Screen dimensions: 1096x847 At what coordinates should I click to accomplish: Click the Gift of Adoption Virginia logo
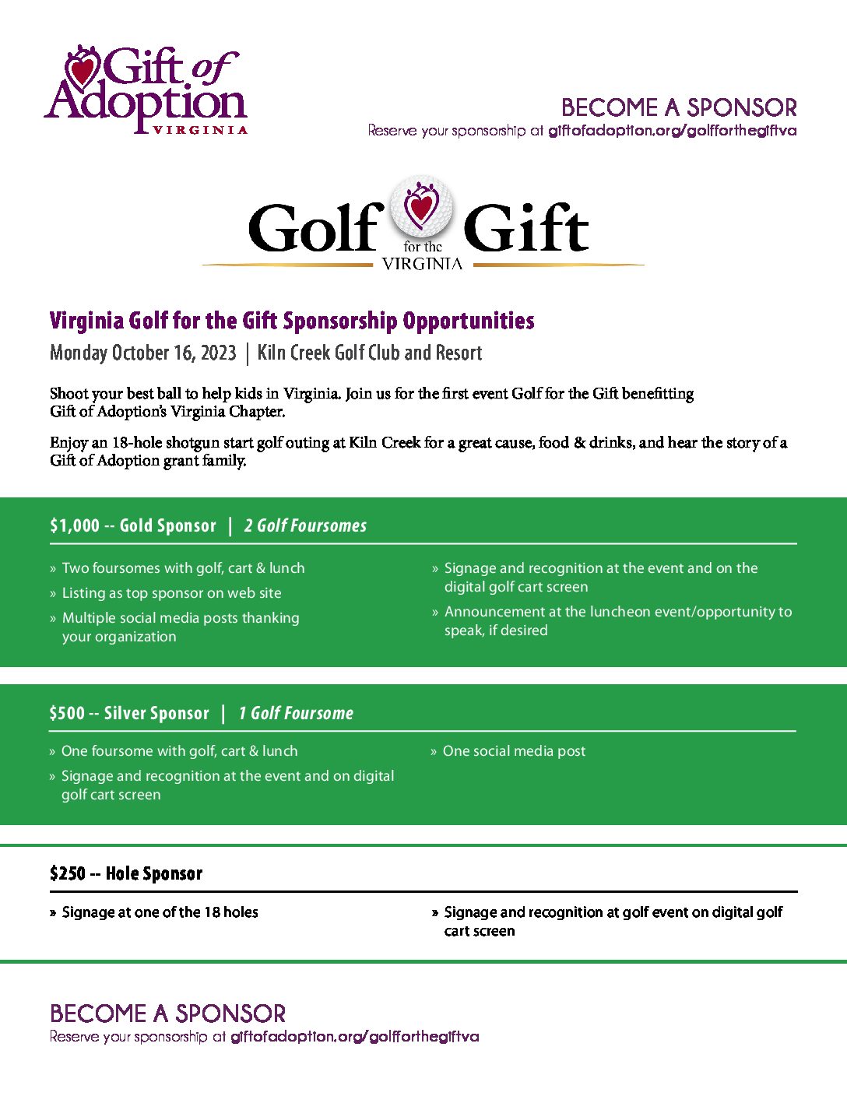coord(146,90)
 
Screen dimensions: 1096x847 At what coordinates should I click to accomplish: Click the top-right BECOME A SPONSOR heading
coord(679,107)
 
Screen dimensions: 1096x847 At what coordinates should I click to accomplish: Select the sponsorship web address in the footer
coord(355,1037)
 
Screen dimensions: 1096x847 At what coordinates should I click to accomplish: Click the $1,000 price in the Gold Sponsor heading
coord(75,526)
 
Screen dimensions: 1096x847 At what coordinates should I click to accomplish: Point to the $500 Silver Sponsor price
coord(67,714)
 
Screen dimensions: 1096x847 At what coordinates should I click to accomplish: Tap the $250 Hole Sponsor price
coord(68,873)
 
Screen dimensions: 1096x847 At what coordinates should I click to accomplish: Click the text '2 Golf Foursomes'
coord(305,526)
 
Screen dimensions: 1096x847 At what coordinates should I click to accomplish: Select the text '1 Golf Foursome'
coord(296,714)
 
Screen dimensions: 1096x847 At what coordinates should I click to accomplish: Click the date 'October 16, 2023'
coord(174,353)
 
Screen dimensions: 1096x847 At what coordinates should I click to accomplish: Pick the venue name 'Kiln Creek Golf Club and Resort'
coord(370,353)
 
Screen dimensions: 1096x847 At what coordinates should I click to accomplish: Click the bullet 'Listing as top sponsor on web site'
coord(171,593)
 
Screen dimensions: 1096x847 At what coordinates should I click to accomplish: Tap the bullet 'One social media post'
coord(514,751)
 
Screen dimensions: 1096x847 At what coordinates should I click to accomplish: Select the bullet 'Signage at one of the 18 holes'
coord(160,912)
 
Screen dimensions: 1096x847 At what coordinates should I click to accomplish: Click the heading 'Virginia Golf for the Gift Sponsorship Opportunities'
coord(292,321)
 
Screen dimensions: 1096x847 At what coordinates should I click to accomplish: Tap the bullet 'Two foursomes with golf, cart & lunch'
coord(183,568)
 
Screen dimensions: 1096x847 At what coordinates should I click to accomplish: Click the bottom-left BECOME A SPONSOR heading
coord(167,1013)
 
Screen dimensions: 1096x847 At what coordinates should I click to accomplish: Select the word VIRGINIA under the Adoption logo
coord(200,130)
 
